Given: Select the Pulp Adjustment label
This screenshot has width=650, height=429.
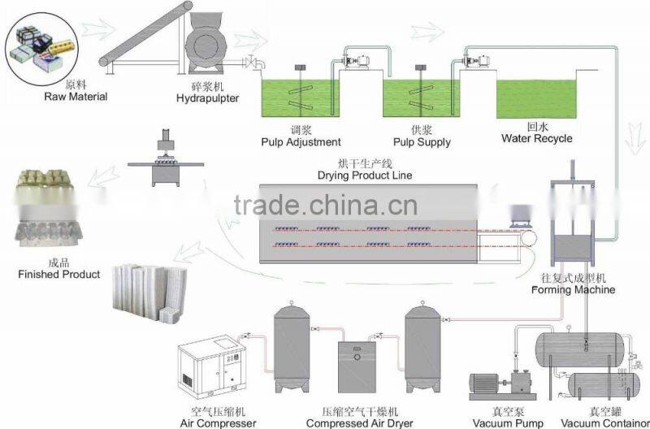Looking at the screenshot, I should [301, 142].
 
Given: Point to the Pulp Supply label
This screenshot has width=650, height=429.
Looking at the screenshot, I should [422, 142].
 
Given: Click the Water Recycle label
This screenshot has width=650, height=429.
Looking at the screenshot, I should [536, 138].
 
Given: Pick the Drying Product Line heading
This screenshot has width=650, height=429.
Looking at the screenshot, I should [365, 175].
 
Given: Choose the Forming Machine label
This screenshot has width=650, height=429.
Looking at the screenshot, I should [573, 289].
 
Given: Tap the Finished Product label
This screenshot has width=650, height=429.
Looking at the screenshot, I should [59, 275].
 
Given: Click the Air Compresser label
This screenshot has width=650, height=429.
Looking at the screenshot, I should [218, 422].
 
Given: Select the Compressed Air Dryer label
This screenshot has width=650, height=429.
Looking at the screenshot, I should [360, 422].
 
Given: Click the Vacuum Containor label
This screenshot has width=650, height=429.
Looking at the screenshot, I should [604, 422].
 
